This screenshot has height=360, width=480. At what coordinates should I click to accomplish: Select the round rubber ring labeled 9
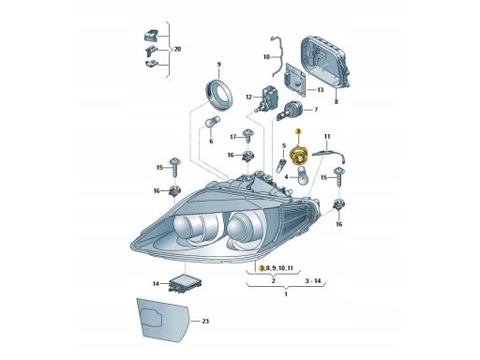pos(218,93)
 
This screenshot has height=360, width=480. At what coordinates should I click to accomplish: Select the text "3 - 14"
pos(310,280)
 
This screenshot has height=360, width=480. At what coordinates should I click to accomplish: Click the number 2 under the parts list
pos(272,280)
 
